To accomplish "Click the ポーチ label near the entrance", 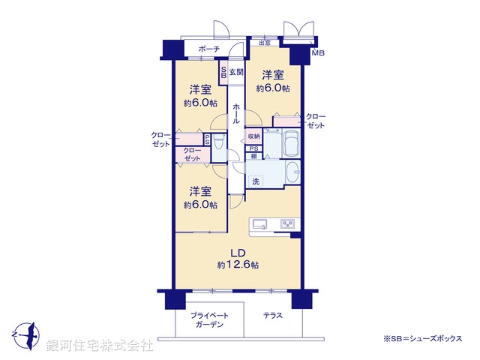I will pyautogui.click(x=209, y=49).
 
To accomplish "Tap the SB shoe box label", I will pyautogui.click(x=223, y=73).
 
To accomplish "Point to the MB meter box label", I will pyautogui.click(x=318, y=53).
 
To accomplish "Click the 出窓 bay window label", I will pyautogui.click(x=264, y=43).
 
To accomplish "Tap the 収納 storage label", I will pyautogui.click(x=253, y=136).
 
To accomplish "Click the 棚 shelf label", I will pyautogui.click(x=254, y=156).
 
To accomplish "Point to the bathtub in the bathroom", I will pyautogui.click(x=291, y=142).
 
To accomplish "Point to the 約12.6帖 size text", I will pyautogui.click(x=238, y=265).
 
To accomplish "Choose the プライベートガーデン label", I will pyautogui.click(x=209, y=319).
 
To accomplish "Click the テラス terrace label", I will pyautogui.click(x=273, y=315).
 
